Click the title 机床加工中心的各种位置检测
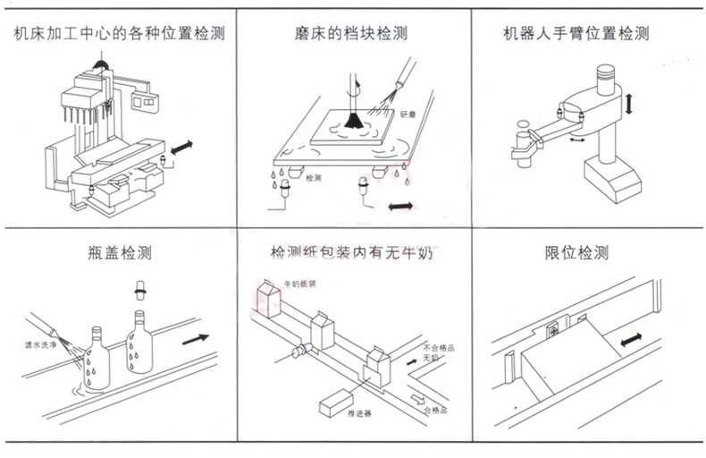pyautogui.click(x=118, y=34)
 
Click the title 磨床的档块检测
pyautogui.click(x=350, y=34)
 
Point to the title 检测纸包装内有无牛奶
pyautogui.click(x=350, y=252)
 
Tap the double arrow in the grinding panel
pyautogui.click(x=399, y=207)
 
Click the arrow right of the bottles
pyautogui.click(x=196, y=340)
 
